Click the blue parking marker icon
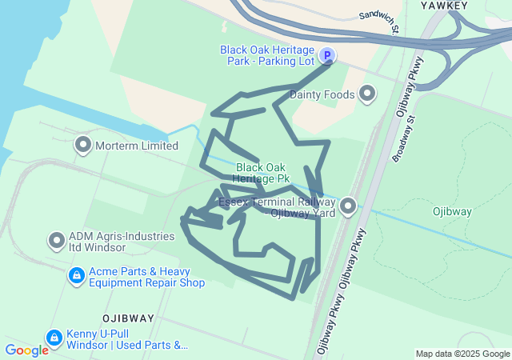click(326, 56)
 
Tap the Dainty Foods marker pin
click(367, 94)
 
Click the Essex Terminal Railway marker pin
click(348, 207)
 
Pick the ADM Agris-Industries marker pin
click(57, 240)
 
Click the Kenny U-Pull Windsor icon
click(54, 338)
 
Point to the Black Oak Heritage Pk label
click(262, 174)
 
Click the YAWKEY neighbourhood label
click(443, 6)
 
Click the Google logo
click(26, 350)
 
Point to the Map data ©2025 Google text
click(462, 354)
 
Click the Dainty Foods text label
click(321, 94)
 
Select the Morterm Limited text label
click(137, 146)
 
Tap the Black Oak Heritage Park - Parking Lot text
click(267, 55)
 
